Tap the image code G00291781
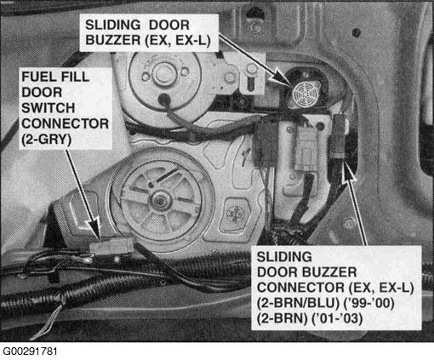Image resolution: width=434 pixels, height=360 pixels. tap(30, 351)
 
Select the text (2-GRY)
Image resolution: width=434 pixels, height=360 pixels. tap(47, 140)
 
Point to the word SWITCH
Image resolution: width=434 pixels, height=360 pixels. tap(49, 108)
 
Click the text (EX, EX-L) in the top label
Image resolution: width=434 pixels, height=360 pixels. tap(178, 41)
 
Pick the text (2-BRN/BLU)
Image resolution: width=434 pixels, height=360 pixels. tap(298, 303)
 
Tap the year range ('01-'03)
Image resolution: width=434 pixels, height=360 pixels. tap(337, 319)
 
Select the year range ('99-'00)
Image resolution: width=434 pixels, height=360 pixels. tap(368, 303)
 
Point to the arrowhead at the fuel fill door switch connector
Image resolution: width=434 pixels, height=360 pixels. tap(95, 229)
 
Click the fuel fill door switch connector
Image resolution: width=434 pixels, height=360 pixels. tap(111, 246)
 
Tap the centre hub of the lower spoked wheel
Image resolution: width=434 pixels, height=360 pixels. tap(160, 201)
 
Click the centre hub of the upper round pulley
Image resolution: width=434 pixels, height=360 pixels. tap(163, 73)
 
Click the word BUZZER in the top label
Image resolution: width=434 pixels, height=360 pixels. tap(113, 41)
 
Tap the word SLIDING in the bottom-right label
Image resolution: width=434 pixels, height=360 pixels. tap(284, 257)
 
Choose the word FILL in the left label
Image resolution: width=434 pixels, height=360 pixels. tap(73, 77)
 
